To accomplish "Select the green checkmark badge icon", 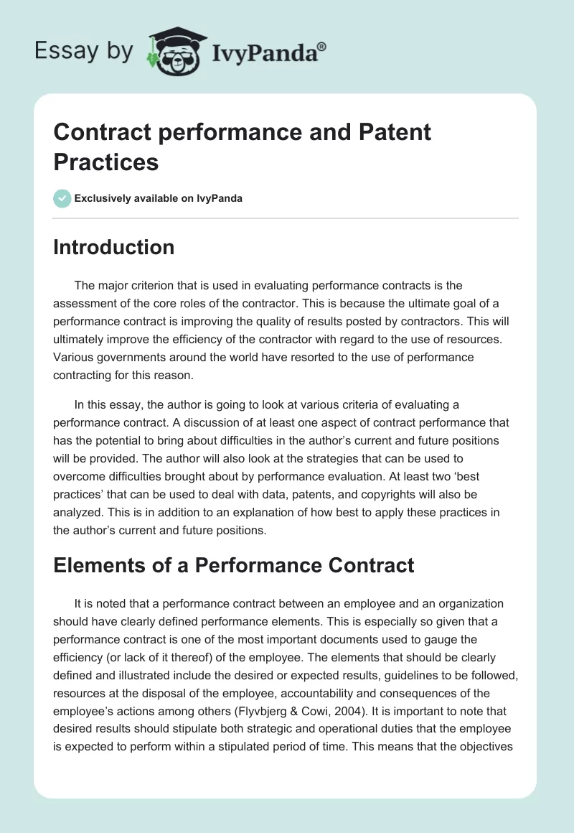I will pyautogui.click(x=62, y=198).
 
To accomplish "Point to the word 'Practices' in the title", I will pyautogui.click(x=105, y=162).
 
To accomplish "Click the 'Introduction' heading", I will pyautogui.click(x=114, y=247).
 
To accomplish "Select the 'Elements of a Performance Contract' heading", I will pyautogui.click(x=234, y=565).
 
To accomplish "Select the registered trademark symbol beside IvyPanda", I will pyautogui.click(x=322, y=46).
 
